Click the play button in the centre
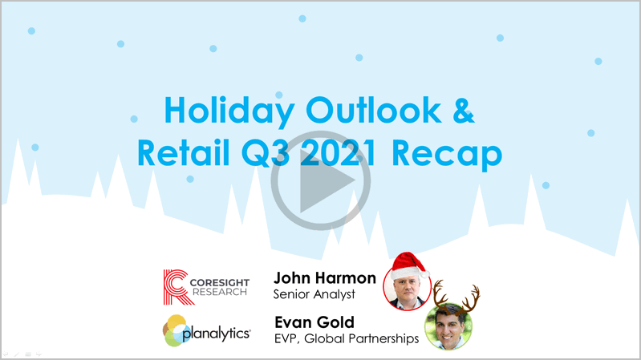pyautogui.click(x=321, y=180)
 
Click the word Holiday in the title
pyautogui.click(x=229, y=111)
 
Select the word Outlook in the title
pyautogui.click(x=374, y=111)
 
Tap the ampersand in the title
pyautogui.click(x=464, y=111)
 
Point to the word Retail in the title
pyautogui.click(x=183, y=152)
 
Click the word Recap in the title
pyautogui.click(x=447, y=155)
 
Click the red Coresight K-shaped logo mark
pyautogui.click(x=177, y=287)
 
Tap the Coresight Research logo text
pyautogui.click(x=220, y=287)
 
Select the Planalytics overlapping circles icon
pyautogui.click(x=175, y=330)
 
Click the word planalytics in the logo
pyautogui.click(x=217, y=334)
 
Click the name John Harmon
pyautogui.click(x=325, y=278)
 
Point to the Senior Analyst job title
pyautogui.click(x=314, y=294)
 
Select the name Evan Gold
pyautogui.click(x=314, y=322)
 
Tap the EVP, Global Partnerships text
pyautogui.click(x=347, y=338)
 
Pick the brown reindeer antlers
pyautogui.click(x=456, y=296)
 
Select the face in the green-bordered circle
pyautogui.click(x=449, y=327)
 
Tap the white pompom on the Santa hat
pyautogui.click(x=424, y=273)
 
